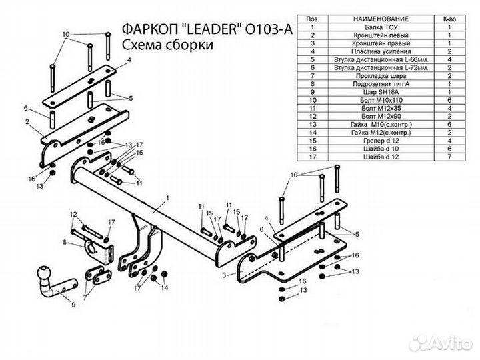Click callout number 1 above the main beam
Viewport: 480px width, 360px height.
point(169,198)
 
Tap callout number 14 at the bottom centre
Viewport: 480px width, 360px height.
point(165,288)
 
